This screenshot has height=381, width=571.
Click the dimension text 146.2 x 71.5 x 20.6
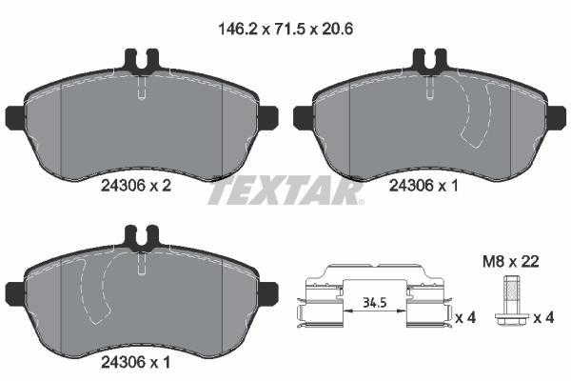tap(285, 30)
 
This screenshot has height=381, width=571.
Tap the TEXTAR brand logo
tap(285, 191)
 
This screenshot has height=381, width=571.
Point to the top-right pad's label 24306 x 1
tap(424, 189)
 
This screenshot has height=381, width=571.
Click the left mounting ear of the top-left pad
tap(14, 119)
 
